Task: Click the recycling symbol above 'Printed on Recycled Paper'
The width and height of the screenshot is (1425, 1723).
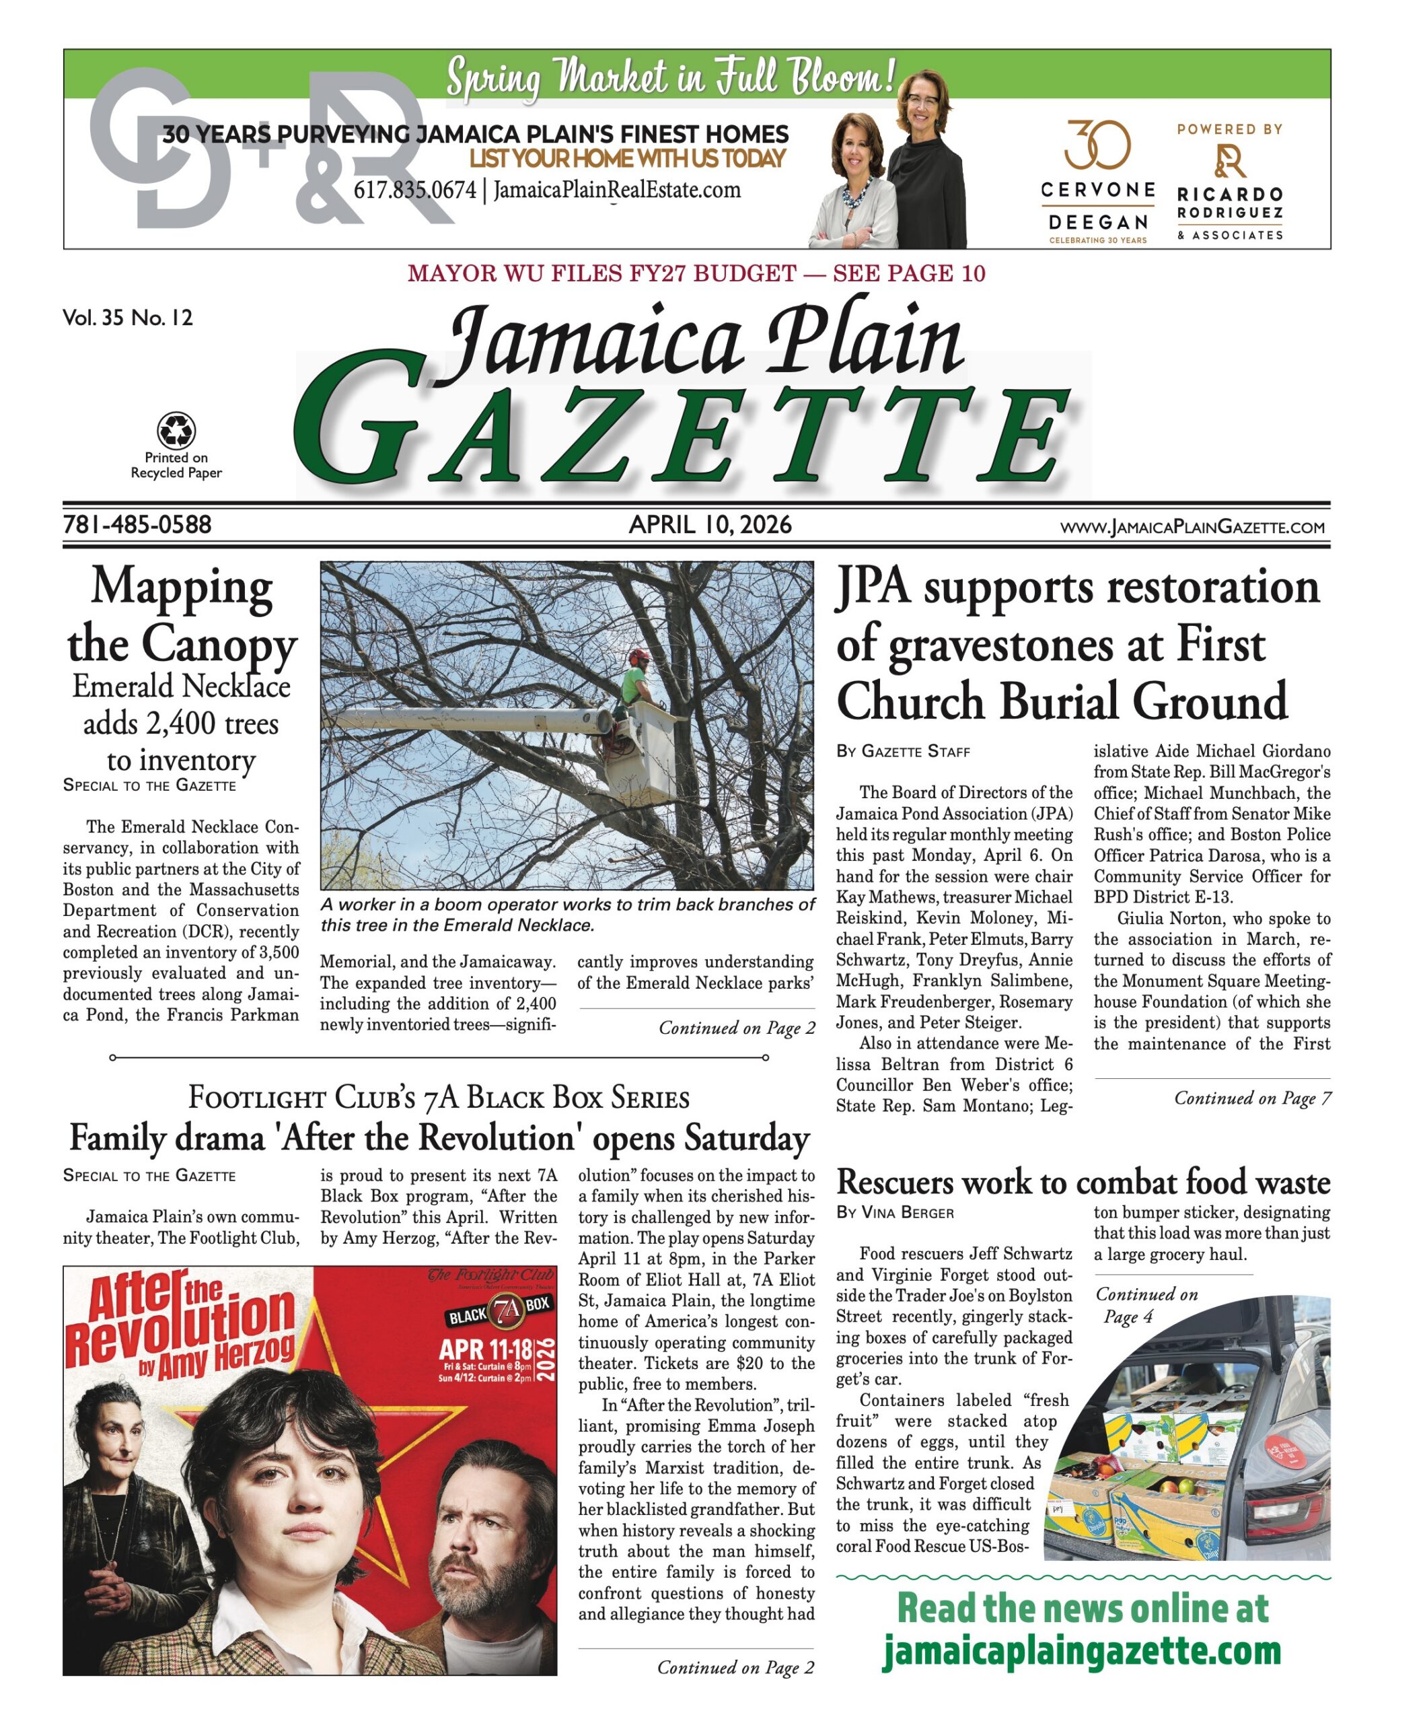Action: click(176, 429)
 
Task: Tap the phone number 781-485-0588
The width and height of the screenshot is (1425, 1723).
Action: click(137, 524)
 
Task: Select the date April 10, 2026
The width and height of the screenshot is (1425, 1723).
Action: click(710, 524)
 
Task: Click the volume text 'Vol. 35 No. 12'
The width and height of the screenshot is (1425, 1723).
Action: click(128, 318)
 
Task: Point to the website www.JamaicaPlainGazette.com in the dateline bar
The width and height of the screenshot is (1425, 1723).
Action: click(1192, 527)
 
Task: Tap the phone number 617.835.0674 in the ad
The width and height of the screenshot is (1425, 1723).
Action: click(414, 190)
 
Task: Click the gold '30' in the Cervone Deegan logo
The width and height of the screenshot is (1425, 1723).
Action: click(1097, 145)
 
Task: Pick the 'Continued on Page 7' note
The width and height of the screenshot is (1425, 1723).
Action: click(1252, 1098)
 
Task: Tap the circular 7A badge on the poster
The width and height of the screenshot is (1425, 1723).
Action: click(508, 1310)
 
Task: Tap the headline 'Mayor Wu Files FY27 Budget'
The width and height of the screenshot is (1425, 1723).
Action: click(601, 273)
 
